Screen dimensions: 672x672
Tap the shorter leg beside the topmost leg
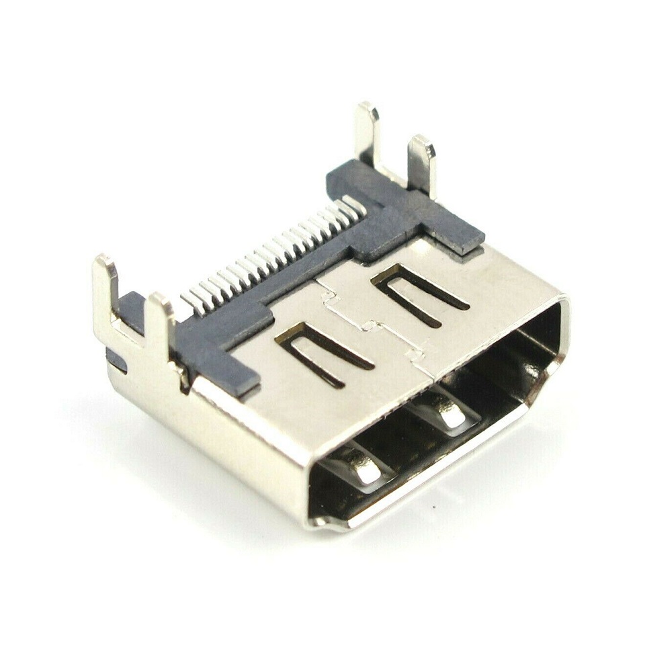pos(422,161)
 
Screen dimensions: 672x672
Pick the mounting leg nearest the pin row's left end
pos(160,323)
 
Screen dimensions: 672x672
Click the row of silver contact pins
pos(276,252)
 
